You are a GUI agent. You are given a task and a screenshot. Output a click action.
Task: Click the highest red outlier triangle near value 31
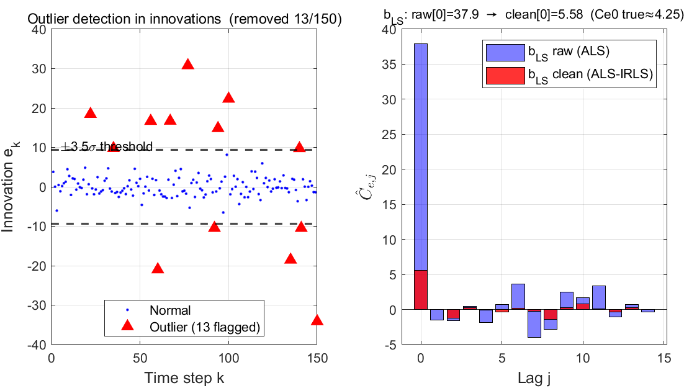pyautogui.click(x=187, y=64)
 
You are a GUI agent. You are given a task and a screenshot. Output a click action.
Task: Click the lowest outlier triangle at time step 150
pyautogui.click(x=317, y=320)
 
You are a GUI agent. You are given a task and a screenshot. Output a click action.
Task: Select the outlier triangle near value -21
pyautogui.click(x=158, y=268)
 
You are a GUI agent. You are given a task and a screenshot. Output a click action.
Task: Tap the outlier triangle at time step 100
pyautogui.click(x=228, y=97)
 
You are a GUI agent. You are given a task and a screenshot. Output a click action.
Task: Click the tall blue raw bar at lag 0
pyautogui.click(x=421, y=155)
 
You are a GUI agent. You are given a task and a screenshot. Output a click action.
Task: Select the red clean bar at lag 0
pyautogui.click(x=421, y=290)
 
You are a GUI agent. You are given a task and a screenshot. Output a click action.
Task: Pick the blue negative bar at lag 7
pyautogui.click(x=534, y=323)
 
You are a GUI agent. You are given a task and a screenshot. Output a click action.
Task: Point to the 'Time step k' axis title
pyautogui.click(x=184, y=377)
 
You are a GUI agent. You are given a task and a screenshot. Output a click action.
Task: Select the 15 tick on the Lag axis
pyautogui.click(x=664, y=358)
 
